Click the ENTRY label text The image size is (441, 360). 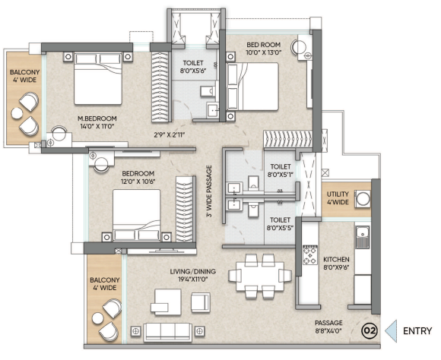(417, 331)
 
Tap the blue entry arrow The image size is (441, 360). (392, 331)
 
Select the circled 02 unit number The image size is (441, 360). (370, 330)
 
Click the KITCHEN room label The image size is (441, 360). (336, 260)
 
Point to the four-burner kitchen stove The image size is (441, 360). (310, 255)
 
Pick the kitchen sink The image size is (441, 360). (362, 237)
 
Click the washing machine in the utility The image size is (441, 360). (363, 199)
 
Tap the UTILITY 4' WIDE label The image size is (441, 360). (338, 197)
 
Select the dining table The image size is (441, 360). (260, 276)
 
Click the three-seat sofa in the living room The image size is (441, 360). (167, 332)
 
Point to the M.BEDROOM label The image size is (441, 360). (97, 118)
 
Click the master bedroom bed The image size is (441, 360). (98, 78)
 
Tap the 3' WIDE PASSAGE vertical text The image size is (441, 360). (209, 191)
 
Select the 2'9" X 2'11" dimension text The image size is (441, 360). (170, 135)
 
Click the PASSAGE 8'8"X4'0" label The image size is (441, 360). (328, 327)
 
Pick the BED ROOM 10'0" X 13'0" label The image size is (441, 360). (264, 49)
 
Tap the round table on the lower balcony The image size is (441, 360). (97, 318)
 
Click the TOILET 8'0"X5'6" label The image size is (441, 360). (193, 67)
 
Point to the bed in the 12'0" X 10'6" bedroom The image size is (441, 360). (137, 215)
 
